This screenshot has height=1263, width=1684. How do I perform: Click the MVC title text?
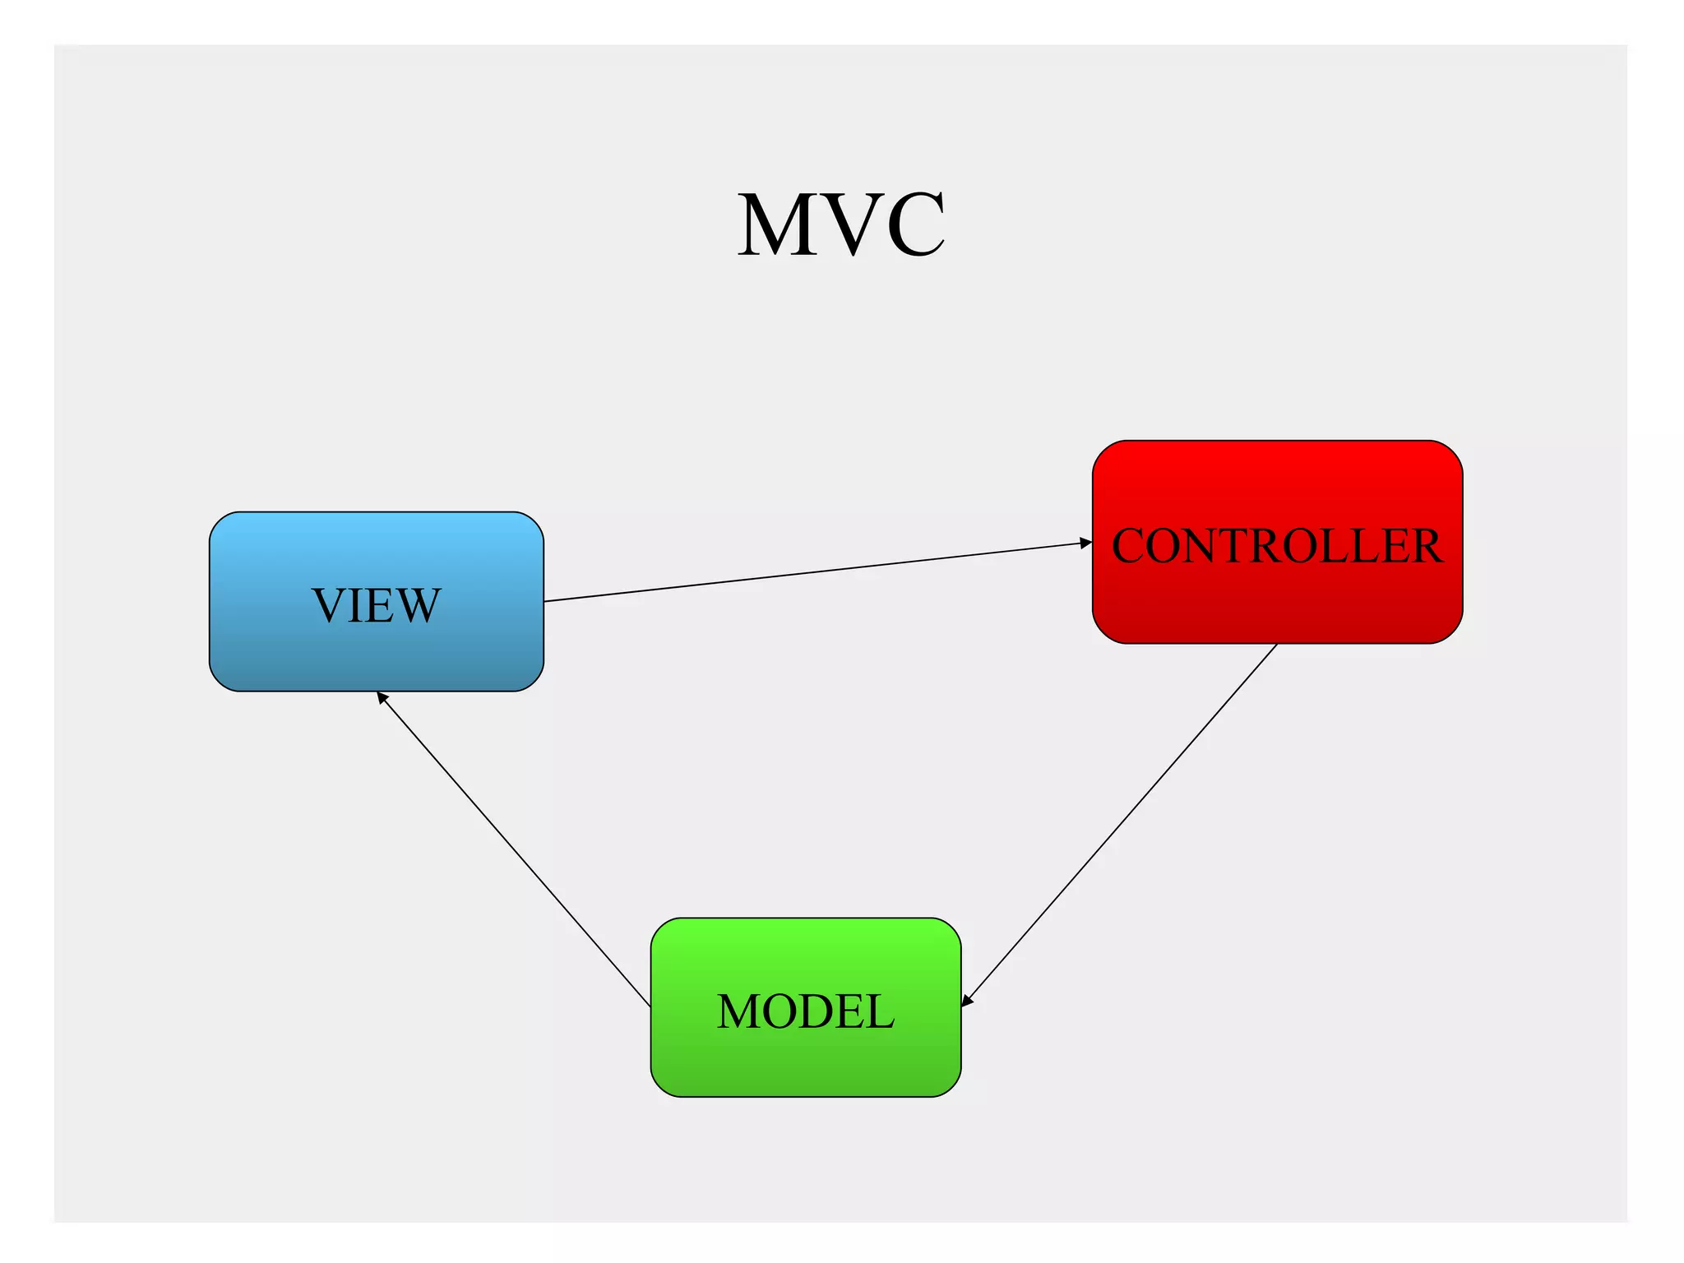(x=840, y=224)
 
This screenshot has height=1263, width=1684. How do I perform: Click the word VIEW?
(x=376, y=606)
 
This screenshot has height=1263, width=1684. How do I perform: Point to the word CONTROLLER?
(x=1277, y=546)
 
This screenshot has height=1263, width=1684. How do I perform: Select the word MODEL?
(x=805, y=1011)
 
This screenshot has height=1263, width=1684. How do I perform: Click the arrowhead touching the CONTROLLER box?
(x=1086, y=543)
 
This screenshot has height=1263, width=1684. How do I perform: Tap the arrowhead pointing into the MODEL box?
(x=967, y=1000)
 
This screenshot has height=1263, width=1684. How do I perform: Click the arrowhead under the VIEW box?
(x=382, y=697)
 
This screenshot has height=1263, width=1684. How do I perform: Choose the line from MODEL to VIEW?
(x=514, y=849)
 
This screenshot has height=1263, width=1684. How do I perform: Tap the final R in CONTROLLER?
(x=1426, y=546)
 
